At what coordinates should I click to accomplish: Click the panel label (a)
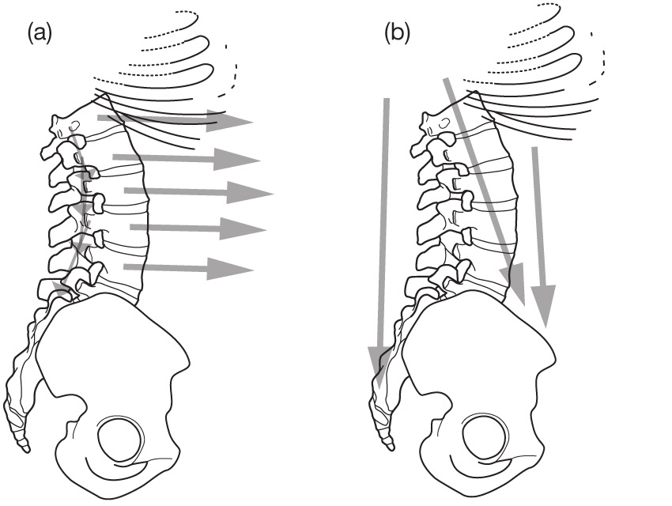(40, 32)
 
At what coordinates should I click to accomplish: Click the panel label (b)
(397, 32)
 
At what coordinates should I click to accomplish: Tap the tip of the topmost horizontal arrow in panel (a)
(251, 122)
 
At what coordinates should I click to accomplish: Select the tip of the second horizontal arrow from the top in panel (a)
(260, 160)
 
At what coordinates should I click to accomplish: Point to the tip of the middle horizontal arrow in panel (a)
(273, 192)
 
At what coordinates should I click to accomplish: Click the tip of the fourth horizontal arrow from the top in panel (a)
(265, 229)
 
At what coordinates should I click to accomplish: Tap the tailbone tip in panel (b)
(388, 447)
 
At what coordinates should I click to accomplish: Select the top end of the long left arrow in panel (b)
(387, 98)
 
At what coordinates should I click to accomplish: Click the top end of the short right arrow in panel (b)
(536, 148)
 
